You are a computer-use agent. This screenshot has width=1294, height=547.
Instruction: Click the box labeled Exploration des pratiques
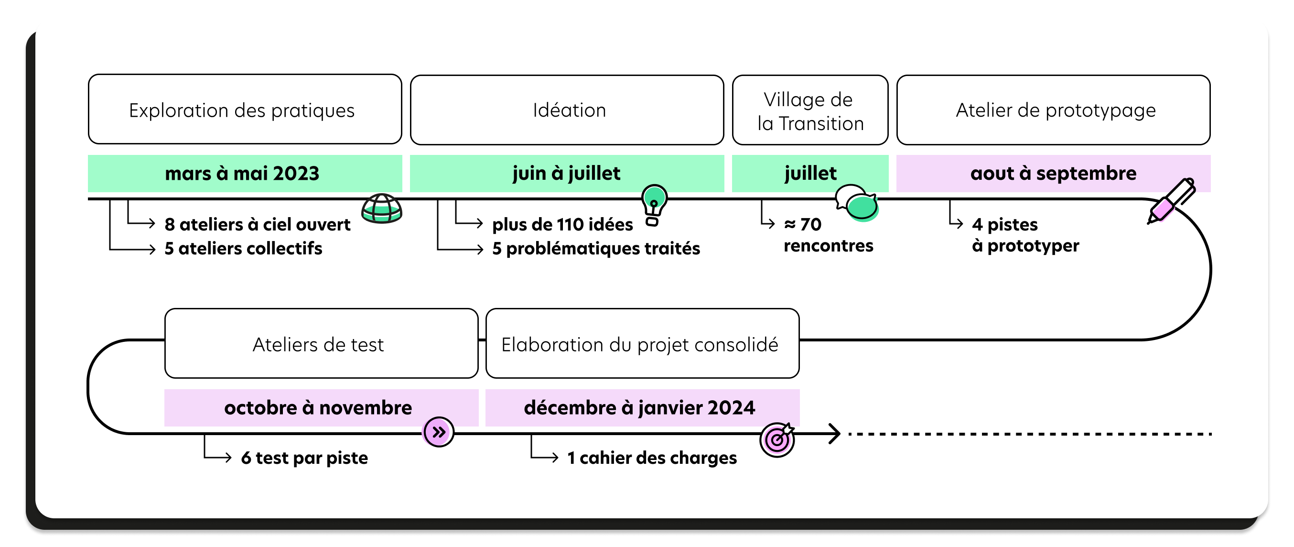tap(245, 109)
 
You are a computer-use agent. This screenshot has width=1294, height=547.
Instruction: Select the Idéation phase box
tap(567, 109)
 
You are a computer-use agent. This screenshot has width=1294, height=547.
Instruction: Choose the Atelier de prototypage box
tap(1053, 109)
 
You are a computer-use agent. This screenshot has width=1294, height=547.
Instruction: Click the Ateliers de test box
tap(321, 343)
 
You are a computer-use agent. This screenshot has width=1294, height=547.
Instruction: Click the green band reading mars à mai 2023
tap(245, 174)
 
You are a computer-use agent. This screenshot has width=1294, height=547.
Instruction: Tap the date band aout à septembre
tap(1053, 174)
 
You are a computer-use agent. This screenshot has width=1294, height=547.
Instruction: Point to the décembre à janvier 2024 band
tap(639, 407)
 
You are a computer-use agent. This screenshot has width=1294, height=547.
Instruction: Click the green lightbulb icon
tap(654, 204)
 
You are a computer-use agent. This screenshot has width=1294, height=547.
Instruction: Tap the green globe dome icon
tap(382, 208)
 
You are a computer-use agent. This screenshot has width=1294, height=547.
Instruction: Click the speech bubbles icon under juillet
tap(857, 203)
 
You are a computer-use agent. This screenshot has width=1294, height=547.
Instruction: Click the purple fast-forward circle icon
tap(439, 432)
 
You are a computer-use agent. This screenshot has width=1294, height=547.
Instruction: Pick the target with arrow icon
tap(777, 439)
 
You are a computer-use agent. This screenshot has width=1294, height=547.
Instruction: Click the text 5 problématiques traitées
tap(596, 248)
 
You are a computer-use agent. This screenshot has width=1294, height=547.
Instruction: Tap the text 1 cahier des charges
tap(651, 458)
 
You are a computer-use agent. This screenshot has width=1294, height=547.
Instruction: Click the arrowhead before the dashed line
tap(834, 433)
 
